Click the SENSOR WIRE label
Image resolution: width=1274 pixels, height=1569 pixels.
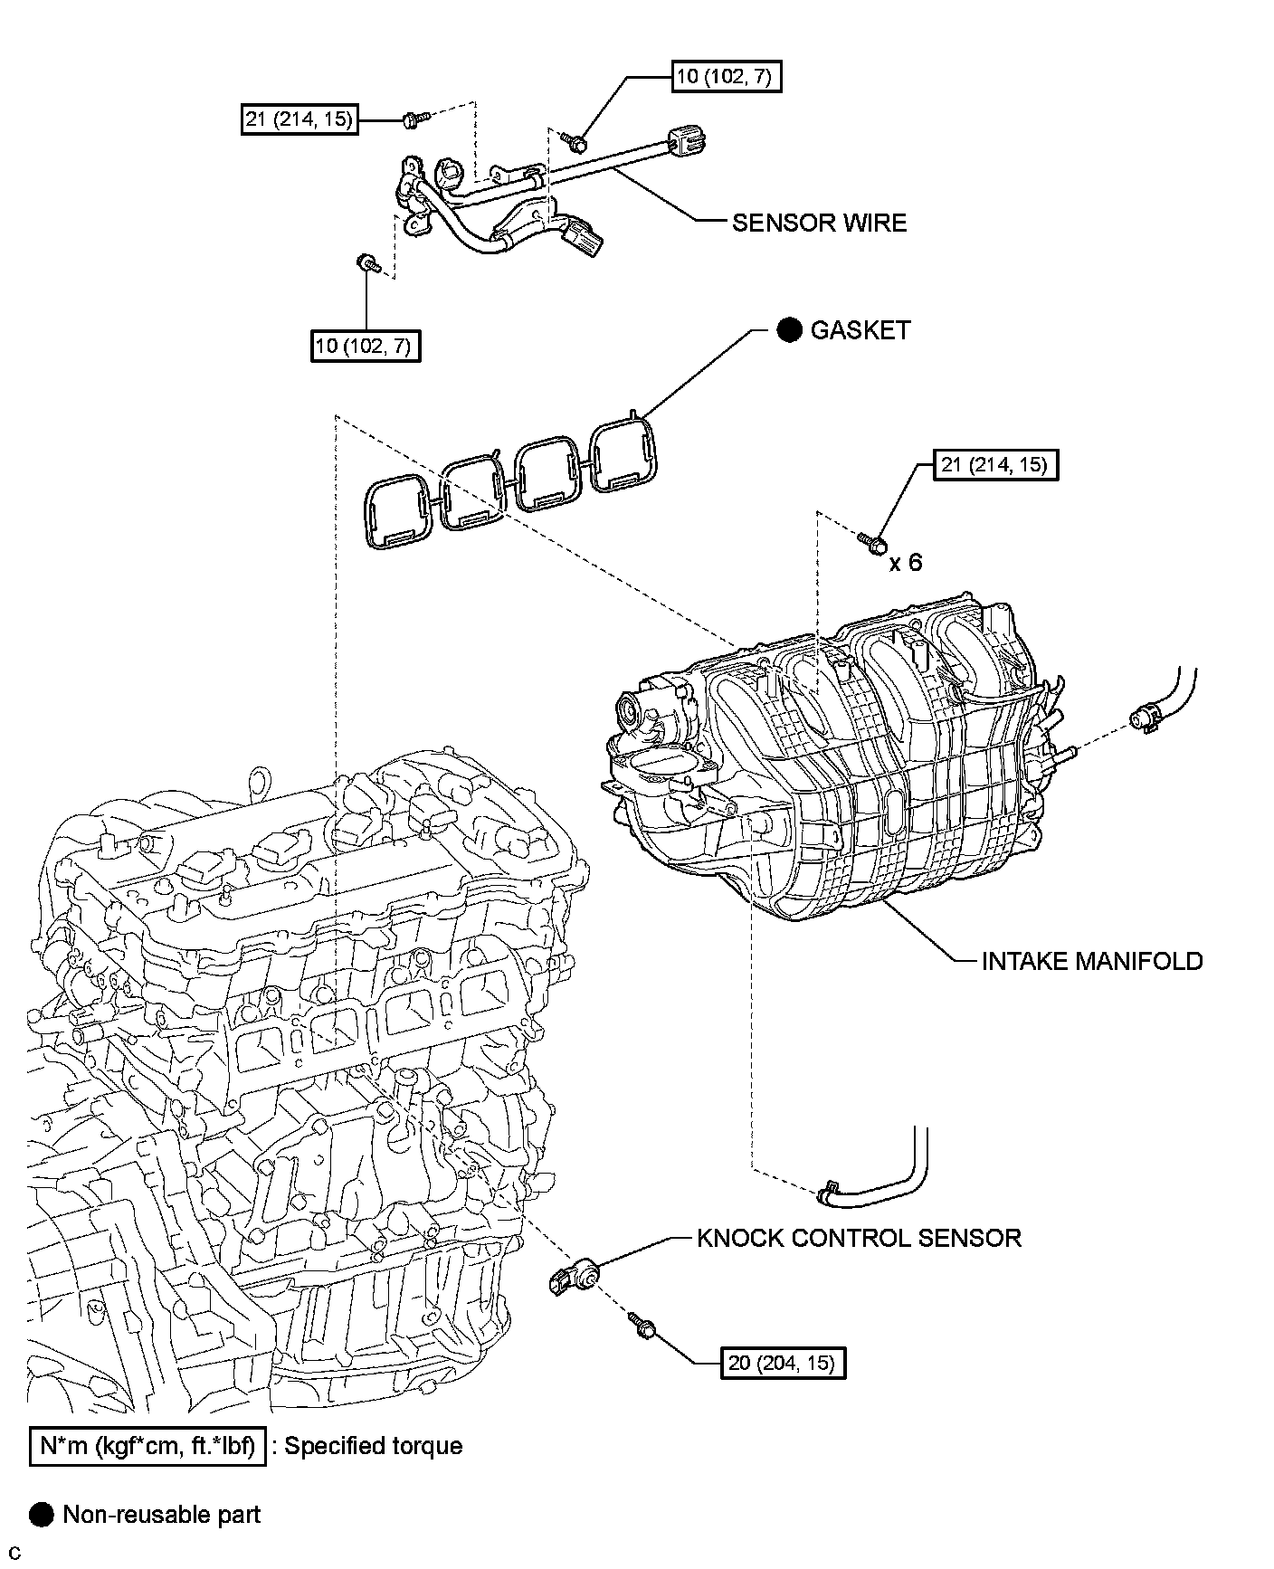tap(819, 223)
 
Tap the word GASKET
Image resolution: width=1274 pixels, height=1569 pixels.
tap(860, 330)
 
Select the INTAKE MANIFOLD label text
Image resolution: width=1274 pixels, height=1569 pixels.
tap(1092, 960)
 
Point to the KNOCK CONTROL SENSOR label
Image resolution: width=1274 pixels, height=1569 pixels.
tap(859, 1237)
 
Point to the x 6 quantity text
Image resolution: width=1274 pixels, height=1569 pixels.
tap(905, 563)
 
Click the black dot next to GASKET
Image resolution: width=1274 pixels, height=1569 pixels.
tap(790, 330)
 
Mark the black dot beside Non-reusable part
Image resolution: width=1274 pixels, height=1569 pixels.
tap(42, 1515)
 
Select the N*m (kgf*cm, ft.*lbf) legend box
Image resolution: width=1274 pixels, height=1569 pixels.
tap(148, 1446)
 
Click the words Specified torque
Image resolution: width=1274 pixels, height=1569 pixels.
tap(374, 1446)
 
